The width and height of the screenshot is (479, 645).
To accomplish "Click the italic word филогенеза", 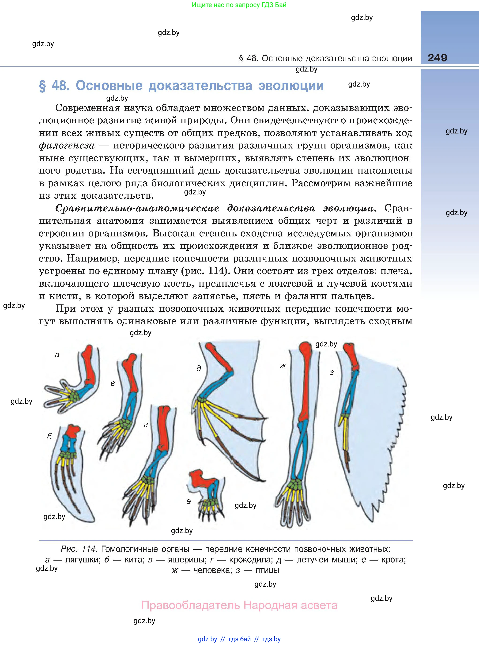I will tap(67, 146).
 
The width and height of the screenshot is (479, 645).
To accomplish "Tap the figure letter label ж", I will tap(283, 366).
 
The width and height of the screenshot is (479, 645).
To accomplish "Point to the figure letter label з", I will tap(332, 373).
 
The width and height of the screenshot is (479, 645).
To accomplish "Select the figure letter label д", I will tap(199, 369).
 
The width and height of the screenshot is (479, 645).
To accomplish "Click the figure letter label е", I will tap(189, 501).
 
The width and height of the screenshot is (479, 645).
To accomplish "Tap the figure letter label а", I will tap(57, 354).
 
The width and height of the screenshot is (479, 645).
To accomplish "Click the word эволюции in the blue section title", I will tap(291, 86).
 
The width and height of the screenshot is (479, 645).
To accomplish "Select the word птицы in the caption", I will tap(267, 570).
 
